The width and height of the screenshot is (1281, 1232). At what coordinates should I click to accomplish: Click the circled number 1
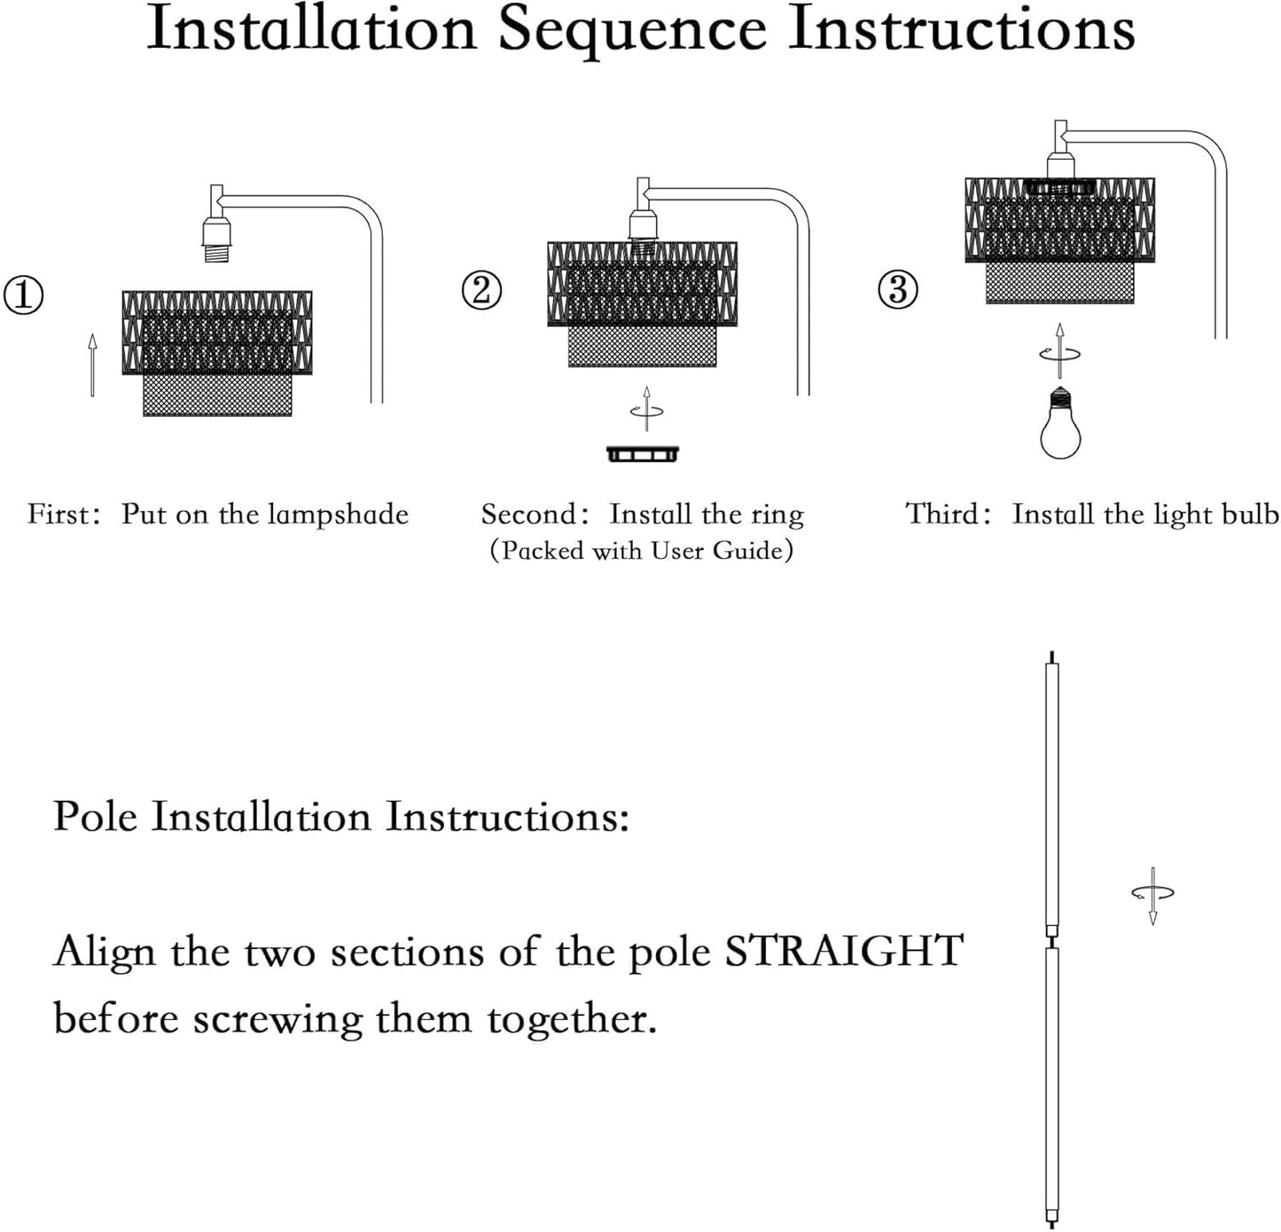[24, 295]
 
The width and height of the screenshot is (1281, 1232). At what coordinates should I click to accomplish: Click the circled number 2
[482, 290]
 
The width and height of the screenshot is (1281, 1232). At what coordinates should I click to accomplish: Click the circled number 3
[897, 290]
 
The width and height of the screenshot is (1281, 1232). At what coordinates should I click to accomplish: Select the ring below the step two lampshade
[643, 454]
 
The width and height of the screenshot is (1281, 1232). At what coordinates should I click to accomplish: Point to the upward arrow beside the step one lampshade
[92, 364]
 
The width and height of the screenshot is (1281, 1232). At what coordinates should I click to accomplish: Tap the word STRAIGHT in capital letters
[844, 951]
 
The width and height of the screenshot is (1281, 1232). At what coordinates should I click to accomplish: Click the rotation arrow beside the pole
[1152, 895]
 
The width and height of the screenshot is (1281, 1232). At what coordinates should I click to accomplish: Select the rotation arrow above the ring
[646, 409]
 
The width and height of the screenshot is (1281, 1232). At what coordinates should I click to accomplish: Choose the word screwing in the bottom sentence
[277, 1019]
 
